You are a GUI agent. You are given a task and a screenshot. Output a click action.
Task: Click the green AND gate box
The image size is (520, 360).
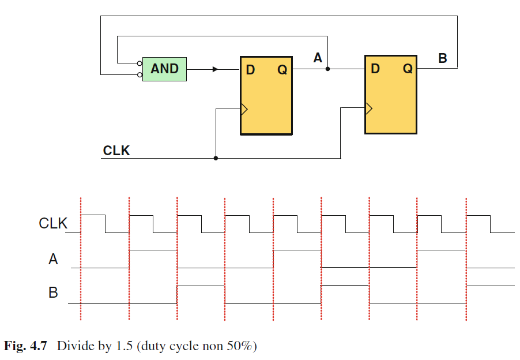(x=164, y=69)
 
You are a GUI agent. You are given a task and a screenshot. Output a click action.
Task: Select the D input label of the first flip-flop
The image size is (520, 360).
(x=250, y=70)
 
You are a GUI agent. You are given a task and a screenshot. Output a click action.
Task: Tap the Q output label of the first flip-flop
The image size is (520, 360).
(x=282, y=70)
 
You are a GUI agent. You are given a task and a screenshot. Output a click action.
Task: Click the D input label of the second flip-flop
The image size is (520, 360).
(x=375, y=69)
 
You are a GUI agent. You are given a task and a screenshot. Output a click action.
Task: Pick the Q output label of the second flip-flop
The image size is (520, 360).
(x=408, y=69)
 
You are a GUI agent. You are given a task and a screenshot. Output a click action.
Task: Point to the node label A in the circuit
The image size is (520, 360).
(x=318, y=58)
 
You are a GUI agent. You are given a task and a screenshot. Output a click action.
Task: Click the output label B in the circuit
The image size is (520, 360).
(x=443, y=58)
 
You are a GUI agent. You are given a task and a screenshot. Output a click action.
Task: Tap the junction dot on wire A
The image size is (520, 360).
(x=327, y=69)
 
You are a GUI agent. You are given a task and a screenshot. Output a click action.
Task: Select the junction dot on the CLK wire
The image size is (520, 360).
(x=216, y=158)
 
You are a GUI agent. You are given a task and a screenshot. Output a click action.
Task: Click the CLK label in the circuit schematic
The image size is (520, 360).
(x=116, y=151)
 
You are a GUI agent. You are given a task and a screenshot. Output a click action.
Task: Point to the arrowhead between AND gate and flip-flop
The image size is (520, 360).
(x=216, y=69)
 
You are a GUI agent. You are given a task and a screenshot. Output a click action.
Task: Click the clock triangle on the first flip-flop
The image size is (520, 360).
(x=244, y=109)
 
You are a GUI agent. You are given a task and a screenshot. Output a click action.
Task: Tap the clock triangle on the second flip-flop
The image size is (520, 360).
(x=369, y=108)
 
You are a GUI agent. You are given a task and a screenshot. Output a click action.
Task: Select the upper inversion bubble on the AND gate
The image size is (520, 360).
(x=140, y=63)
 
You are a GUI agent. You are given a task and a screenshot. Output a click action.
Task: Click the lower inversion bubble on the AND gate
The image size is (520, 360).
(x=140, y=75)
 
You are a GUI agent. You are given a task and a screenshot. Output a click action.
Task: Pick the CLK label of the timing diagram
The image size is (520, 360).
(x=53, y=223)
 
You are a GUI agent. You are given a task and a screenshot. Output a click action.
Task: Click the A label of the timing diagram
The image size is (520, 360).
(x=53, y=259)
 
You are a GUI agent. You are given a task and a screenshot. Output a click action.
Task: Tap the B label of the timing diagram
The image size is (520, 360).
(x=53, y=292)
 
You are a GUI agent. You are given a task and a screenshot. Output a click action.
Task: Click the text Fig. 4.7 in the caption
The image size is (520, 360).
(x=25, y=346)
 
